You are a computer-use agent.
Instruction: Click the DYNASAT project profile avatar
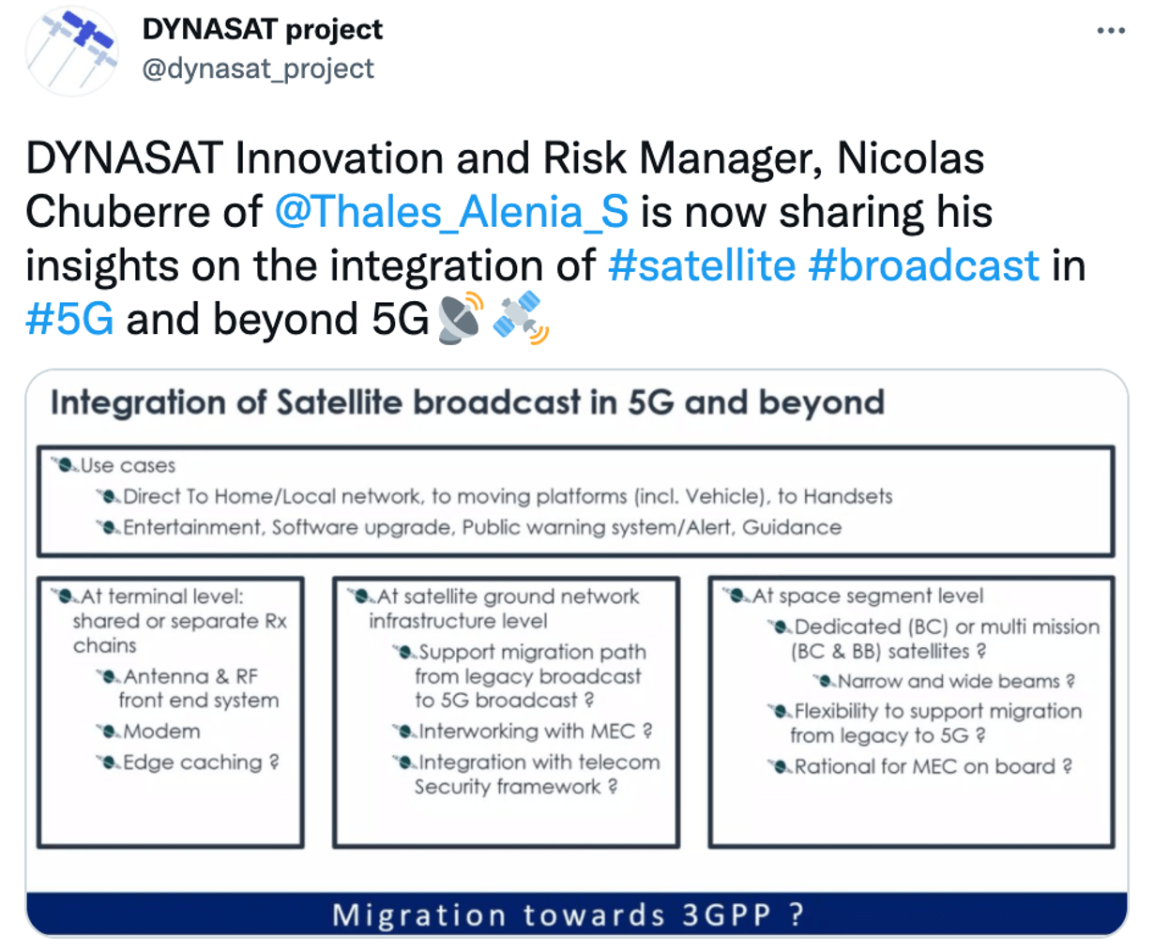(72, 51)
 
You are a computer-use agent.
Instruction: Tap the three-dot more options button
(1111, 31)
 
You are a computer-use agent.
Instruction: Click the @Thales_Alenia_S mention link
(451, 212)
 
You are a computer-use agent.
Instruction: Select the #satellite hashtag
(702, 265)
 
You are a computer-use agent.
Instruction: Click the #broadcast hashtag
(923, 265)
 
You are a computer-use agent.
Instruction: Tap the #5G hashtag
(69, 320)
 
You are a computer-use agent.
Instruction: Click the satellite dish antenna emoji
(460, 318)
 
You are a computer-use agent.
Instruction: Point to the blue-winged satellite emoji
(521, 317)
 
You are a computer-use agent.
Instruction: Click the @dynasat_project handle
(258, 69)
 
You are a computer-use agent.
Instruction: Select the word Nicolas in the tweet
(910, 158)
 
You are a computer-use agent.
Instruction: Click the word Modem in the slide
(161, 732)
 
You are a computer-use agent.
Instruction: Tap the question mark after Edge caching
(274, 762)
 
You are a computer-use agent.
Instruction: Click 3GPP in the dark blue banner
(726, 914)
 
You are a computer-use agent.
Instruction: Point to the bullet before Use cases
(66, 465)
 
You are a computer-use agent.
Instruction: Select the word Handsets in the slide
(847, 496)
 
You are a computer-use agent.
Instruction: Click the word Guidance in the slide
(792, 527)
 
